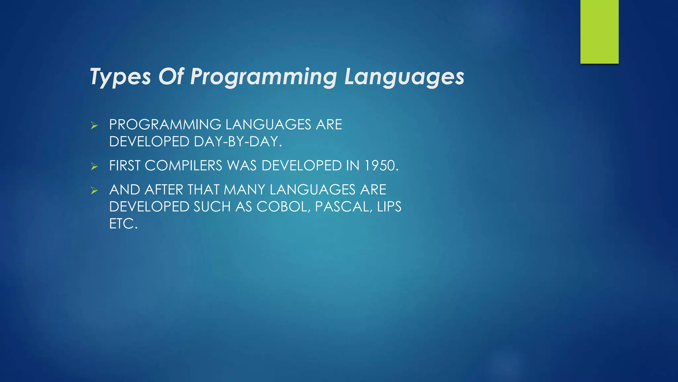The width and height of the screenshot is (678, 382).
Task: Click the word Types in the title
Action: [x=120, y=77]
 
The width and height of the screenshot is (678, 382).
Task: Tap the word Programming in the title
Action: [x=264, y=77]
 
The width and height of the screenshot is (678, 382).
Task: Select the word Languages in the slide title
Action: [x=404, y=77]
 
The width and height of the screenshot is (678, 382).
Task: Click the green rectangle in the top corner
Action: [x=599, y=32]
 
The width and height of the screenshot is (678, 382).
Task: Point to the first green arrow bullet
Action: [x=94, y=125]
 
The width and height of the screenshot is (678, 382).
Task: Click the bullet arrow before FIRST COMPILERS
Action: [x=94, y=166]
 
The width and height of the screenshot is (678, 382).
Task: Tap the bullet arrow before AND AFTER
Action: [x=94, y=190]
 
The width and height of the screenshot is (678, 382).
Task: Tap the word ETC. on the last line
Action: [x=123, y=224]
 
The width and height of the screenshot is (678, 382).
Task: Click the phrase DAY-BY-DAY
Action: [x=238, y=142]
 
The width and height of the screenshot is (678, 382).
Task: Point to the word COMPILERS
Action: [x=183, y=166]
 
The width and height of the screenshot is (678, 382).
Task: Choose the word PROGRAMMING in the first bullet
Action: [x=165, y=125]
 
